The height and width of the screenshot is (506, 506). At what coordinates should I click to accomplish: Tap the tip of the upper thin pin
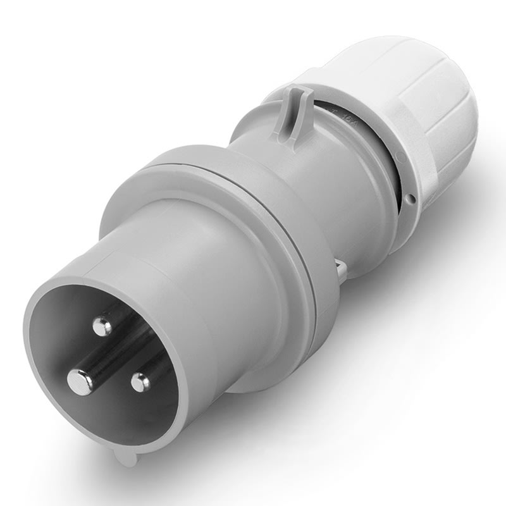(101, 326)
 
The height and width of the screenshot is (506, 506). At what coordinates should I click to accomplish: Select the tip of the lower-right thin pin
(140, 381)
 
